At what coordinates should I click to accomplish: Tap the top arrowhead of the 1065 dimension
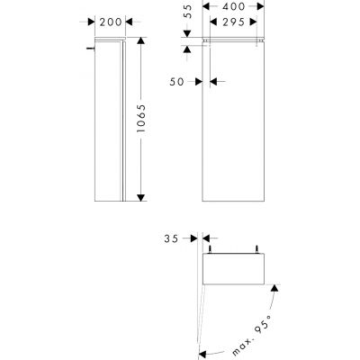pyautogui.click(x=141, y=42)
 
